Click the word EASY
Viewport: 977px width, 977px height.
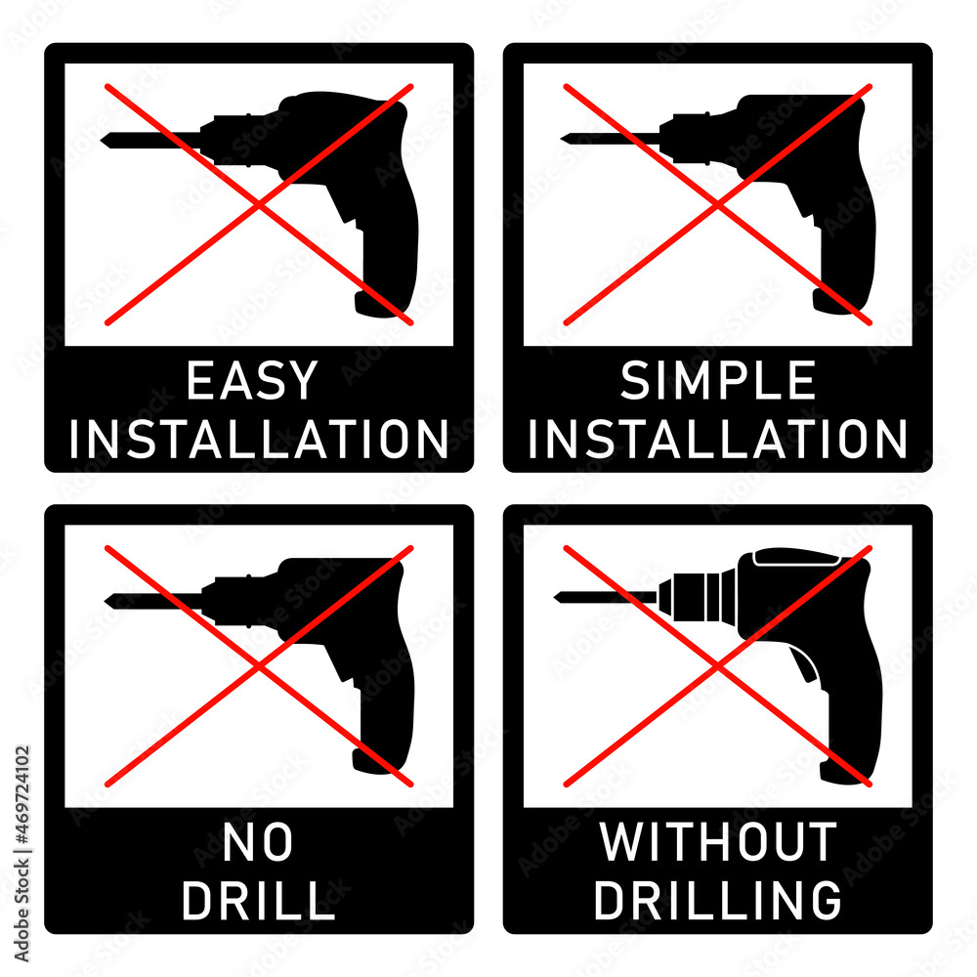pyautogui.click(x=252, y=381)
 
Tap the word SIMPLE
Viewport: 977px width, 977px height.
pyautogui.click(x=718, y=381)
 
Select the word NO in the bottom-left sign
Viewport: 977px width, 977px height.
pyautogui.click(x=258, y=843)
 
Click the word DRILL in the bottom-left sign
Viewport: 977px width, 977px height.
pyautogui.click(x=258, y=901)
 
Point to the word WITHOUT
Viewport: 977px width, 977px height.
pyautogui.click(x=718, y=843)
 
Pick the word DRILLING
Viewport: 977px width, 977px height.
pyautogui.click(x=718, y=901)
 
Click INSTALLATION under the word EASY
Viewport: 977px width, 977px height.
pyautogui.click(x=259, y=440)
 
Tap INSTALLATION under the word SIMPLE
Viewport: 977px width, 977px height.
pyautogui.click(x=718, y=440)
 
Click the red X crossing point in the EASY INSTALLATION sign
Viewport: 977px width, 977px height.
pyautogui.click(x=259, y=204)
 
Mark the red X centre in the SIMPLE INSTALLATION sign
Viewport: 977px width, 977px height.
pyautogui.click(x=718, y=204)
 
